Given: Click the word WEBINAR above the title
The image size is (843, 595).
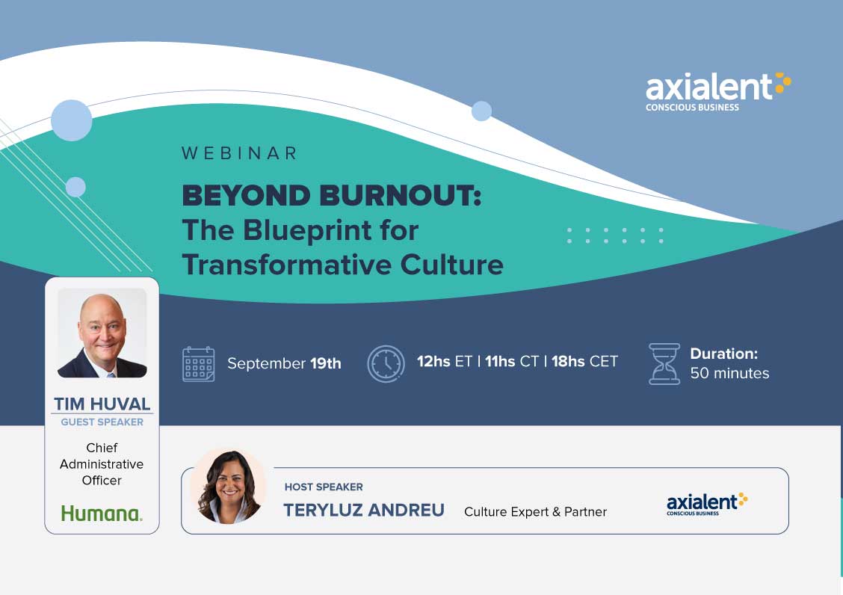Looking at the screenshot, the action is click(x=239, y=153).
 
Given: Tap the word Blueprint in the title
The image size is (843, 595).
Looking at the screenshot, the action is click(x=307, y=231).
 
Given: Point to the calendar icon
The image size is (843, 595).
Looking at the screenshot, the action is click(x=198, y=364).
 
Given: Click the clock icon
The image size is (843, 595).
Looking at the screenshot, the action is click(x=386, y=364).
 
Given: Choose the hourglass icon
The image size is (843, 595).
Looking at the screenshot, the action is click(x=664, y=364).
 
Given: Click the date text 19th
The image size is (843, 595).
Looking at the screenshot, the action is click(x=325, y=363).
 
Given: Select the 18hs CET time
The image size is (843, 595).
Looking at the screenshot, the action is click(x=584, y=362).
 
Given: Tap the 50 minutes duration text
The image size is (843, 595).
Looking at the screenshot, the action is click(x=729, y=373).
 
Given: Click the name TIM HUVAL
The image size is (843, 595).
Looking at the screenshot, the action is click(x=102, y=404).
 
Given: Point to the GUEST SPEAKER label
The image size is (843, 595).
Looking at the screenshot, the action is click(x=102, y=422).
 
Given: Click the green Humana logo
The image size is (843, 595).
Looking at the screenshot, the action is click(x=102, y=514).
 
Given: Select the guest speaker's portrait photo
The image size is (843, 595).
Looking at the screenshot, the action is click(x=102, y=333).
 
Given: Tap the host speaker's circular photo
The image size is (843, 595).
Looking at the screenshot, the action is click(x=229, y=486).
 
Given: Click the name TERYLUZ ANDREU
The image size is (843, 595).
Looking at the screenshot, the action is click(x=364, y=510).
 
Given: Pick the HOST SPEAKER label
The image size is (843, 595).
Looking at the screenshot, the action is click(x=324, y=487).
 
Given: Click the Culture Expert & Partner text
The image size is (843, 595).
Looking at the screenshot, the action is click(x=536, y=511).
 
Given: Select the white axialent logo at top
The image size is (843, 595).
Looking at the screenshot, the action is click(x=718, y=91).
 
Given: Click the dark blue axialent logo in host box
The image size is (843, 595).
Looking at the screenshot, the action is click(x=707, y=504).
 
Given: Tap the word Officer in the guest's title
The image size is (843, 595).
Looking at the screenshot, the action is click(x=102, y=481).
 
